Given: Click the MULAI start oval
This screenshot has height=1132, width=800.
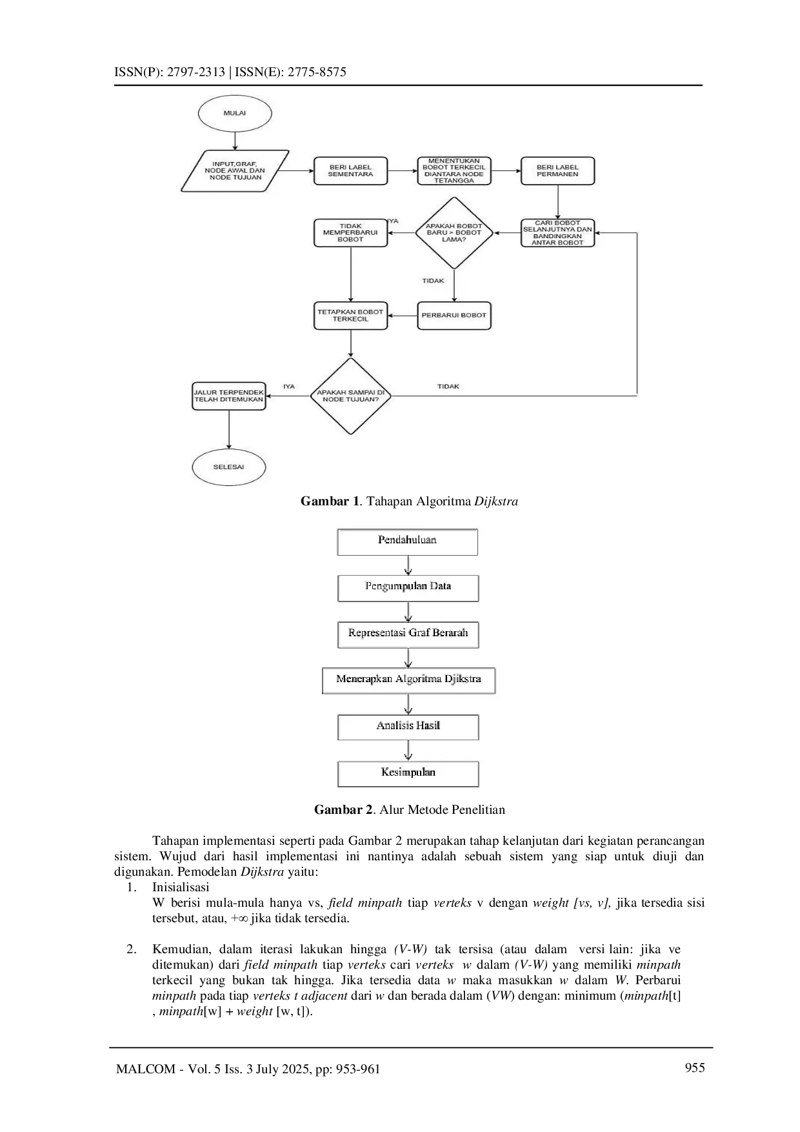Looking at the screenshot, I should (x=235, y=113).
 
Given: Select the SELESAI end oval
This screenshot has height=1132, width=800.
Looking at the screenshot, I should (x=229, y=467).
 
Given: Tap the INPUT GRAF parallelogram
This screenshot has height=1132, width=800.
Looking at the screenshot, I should (x=235, y=171).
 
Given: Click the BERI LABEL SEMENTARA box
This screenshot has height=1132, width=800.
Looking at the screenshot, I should (x=350, y=171).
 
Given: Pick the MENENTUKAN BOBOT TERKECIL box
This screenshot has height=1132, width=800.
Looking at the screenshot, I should (x=454, y=171).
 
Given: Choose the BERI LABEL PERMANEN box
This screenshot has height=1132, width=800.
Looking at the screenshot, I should (x=557, y=171).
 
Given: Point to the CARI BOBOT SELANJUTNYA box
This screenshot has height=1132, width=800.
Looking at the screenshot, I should (x=557, y=233).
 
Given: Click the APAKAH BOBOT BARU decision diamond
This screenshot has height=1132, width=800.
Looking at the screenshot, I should (x=454, y=233).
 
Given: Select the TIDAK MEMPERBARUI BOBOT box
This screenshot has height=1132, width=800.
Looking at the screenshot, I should (x=350, y=233).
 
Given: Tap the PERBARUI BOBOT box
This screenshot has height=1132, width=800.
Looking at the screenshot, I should (x=454, y=316).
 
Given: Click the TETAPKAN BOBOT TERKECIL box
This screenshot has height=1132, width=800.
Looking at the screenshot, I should (x=350, y=316).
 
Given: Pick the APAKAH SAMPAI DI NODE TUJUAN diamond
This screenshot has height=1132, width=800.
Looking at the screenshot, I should (x=350, y=396).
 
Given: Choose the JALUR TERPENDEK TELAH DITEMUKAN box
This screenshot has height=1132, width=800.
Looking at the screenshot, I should (x=229, y=396).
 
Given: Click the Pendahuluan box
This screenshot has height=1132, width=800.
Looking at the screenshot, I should (x=407, y=541).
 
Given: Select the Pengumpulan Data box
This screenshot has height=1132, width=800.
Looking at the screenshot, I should (x=408, y=588).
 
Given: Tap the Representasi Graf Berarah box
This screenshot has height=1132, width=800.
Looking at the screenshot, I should (x=408, y=634).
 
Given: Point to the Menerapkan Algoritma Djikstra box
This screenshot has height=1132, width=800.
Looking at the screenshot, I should (x=408, y=680).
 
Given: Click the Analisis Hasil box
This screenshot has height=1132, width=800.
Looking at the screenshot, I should (x=408, y=727).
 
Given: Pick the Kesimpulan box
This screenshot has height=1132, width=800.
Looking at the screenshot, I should (x=408, y=773).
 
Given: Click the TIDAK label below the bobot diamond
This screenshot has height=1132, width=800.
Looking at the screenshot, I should (x=433, y=281).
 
